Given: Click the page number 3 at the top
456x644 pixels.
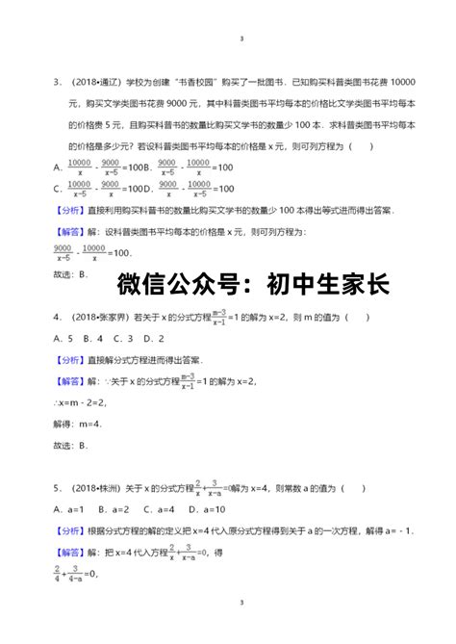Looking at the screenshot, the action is (241, 39).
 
